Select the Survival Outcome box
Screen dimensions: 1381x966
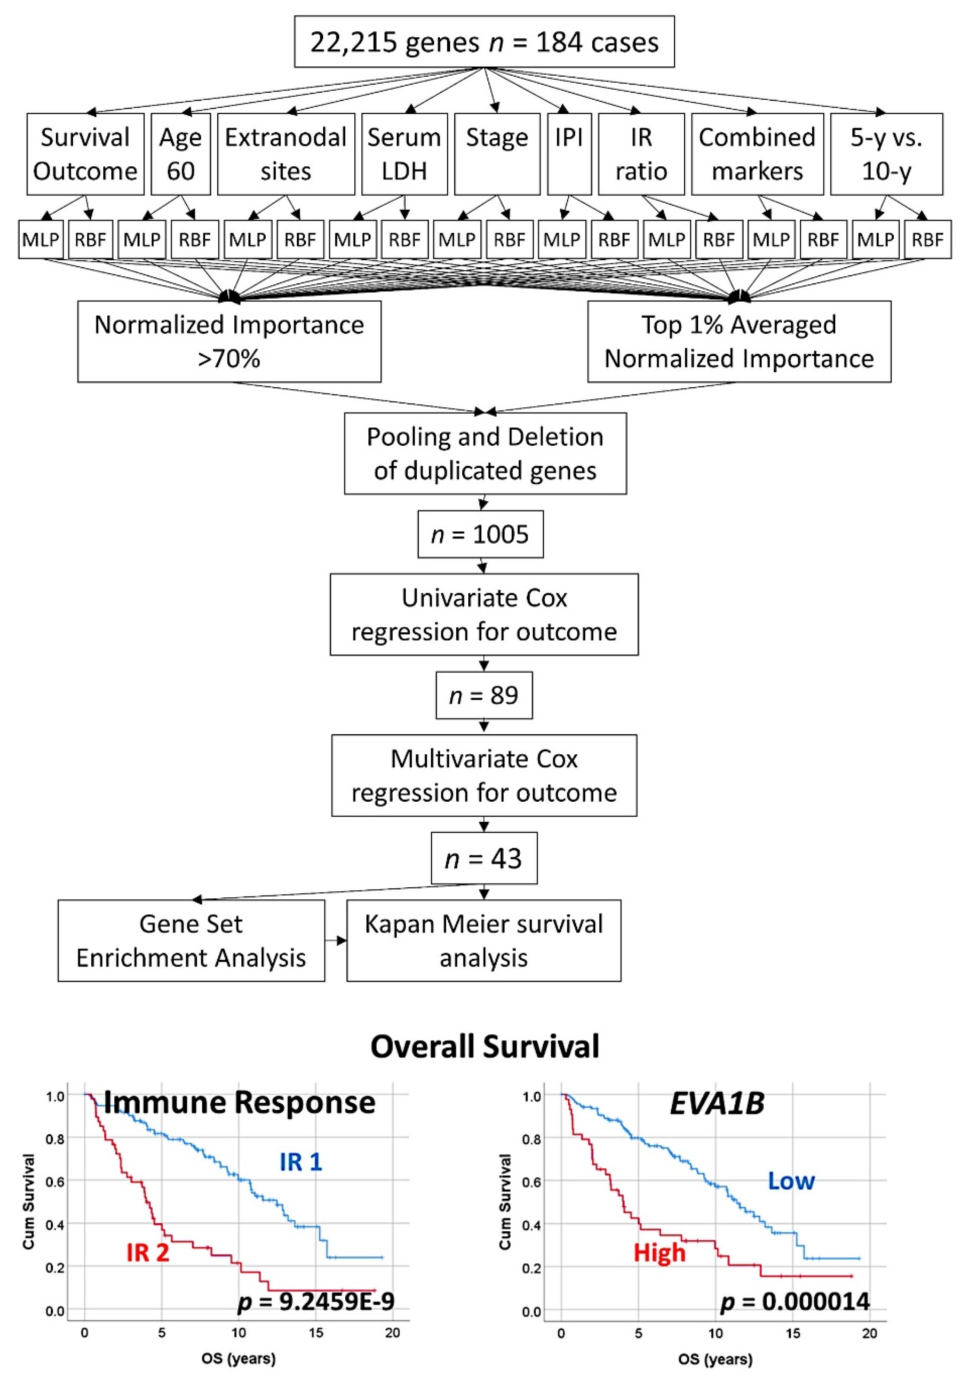pos(85,154)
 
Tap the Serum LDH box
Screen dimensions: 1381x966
pos(404,154)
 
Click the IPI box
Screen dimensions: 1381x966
pos(569,154)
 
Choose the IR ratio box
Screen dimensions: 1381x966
pos(641,154)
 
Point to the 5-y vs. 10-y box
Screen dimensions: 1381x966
pos(886,154)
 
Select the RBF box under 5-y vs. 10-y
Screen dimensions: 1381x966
pos(927,239)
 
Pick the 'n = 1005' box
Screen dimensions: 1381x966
pos(480,534)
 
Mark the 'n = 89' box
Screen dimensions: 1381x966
pos(484,695)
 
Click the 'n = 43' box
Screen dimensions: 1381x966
pos(484,858)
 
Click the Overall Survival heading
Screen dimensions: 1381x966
pos(485,1047)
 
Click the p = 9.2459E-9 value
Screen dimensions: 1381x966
pos(316,1301)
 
